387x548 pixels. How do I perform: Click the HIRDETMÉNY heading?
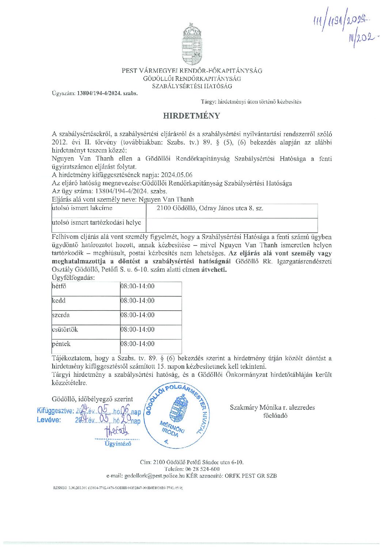[x=191, y=116]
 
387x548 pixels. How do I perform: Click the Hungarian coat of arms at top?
[x=192, y=44]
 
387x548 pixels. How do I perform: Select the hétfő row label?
[x=59, y=286]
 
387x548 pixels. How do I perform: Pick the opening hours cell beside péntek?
[x=137, y=344]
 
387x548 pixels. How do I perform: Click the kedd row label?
[x=59, y=301]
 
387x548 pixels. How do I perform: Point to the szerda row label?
[x=61, y=315]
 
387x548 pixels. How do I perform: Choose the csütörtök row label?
[x=65, y=330]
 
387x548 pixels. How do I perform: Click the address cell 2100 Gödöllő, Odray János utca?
[x=210, y=209]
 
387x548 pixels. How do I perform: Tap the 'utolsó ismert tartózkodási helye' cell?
[x=96, y=223]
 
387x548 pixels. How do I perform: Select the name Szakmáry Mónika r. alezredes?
[x=272, y=408]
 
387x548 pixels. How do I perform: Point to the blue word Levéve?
[x=49, y=420]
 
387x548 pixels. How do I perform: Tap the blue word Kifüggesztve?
[x=55, y=411]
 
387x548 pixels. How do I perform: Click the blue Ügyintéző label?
[x=118, y=444]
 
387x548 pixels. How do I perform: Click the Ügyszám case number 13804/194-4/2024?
[x=107, y=93]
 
